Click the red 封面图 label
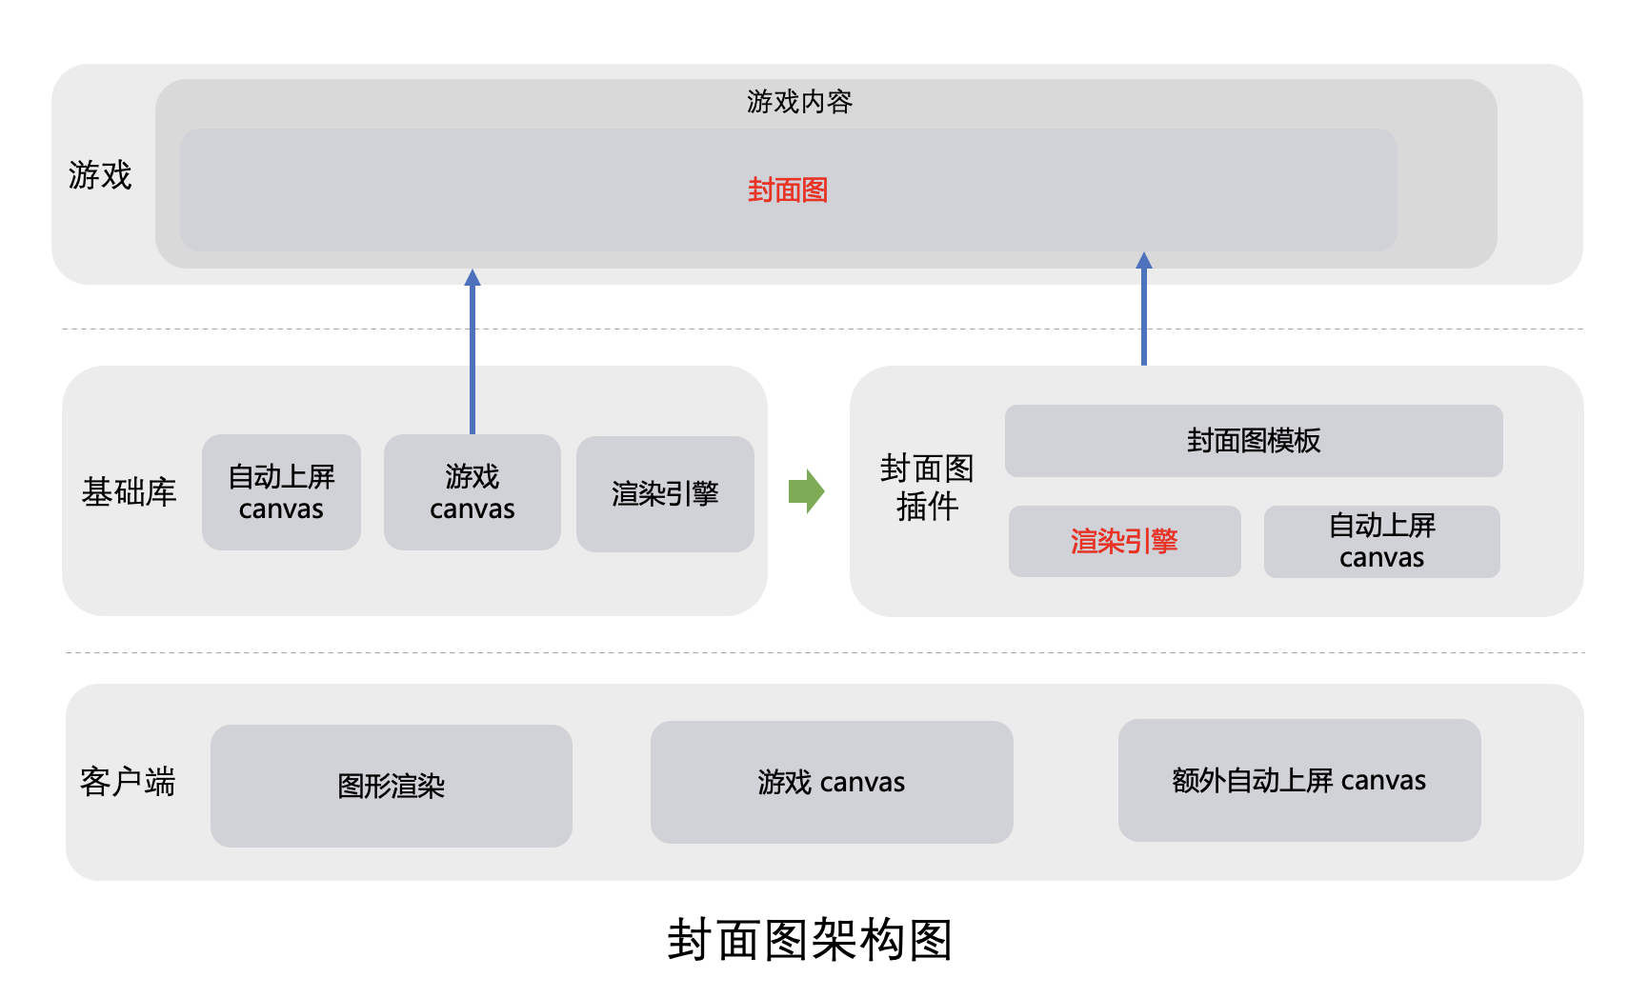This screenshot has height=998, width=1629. click(787, 190)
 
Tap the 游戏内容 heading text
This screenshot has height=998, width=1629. click(798, 102)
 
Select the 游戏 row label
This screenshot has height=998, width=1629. click(100, 175)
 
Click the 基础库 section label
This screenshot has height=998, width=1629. click(130, 492)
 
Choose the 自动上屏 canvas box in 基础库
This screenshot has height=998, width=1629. click(281, 492)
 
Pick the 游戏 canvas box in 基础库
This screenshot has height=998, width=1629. click(472, 492)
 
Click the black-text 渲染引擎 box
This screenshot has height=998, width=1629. click(665, 494)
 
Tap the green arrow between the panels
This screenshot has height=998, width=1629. click(806, 491)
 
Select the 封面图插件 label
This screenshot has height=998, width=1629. click(926, 488)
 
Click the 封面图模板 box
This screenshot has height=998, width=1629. click(1254, 441)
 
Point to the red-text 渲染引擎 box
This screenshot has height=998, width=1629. click(1124, 542)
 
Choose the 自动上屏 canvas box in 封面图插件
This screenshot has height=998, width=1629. click(1381, 542)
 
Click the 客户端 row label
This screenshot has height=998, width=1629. click(128, 782)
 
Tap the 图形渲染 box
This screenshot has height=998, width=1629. click(391, 787)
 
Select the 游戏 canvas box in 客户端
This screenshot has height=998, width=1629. click(831, 783)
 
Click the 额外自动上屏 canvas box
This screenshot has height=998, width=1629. click(1298, 781)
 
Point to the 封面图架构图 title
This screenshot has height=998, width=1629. click(810, 941)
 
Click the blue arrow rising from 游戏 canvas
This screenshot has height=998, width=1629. click(473, 352)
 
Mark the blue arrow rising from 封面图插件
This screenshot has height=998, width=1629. click(1144, 309)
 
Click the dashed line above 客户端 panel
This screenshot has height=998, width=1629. click(825, 653)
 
